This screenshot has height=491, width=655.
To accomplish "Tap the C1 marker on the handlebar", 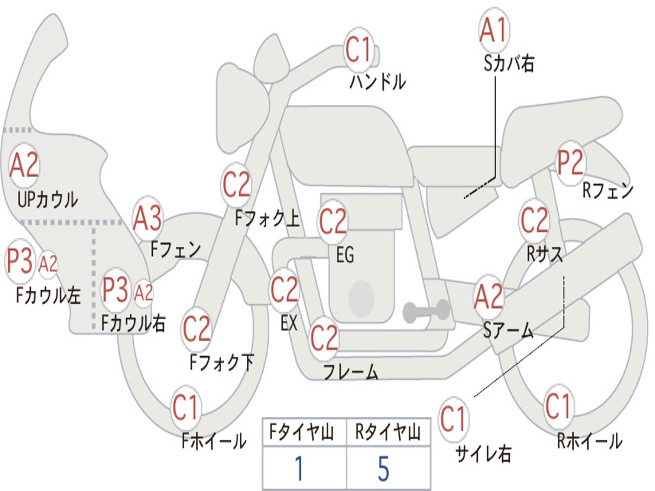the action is click(x=358, y=49).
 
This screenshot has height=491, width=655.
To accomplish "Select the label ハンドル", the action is click(x=377, y=81).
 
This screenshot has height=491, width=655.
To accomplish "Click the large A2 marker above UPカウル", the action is click(x=24, y=166).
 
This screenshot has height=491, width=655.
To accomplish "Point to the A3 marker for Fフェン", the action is click(x=147, y=219).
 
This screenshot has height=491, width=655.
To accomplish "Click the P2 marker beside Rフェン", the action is click(x=571, y=162).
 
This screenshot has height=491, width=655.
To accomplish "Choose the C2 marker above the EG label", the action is click(x=333, y=221).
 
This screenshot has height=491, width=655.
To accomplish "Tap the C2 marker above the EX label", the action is click(x=284, y=290).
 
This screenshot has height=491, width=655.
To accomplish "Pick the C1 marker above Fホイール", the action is click(x=184, y=407).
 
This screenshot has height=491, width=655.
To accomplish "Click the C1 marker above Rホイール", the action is click(x=558, y=406).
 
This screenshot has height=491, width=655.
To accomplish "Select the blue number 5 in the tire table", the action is click(x=384, y=468).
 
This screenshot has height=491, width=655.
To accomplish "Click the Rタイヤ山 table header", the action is click(x=388, y=432).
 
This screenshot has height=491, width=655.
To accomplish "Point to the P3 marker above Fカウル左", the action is click(x=20, y=261).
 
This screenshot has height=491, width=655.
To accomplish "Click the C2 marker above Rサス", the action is click(x=534, y=220).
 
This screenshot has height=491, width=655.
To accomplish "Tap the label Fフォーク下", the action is click(x=221, y=362).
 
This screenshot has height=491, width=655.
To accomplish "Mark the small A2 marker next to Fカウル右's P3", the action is click(x=143, y=293).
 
